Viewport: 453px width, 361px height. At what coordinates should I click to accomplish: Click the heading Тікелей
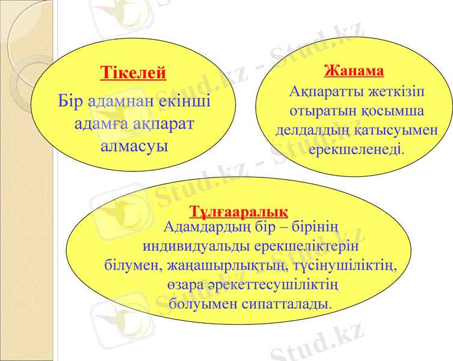(x=133, y=74)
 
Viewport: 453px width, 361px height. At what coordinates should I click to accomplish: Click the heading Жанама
(x=354, y=71)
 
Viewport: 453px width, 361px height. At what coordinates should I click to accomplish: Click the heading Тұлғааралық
(x=239, y=212)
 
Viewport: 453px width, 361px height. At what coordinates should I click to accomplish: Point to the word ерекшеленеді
(x=356, y=147)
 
